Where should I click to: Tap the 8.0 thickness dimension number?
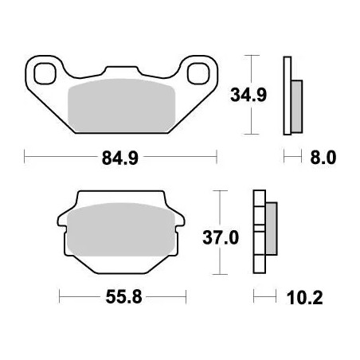pyautogui.click(x=323, y=158)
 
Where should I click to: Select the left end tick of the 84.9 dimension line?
pyautogui.click(x=25, y=158)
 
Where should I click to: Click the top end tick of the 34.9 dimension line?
pyautogui.click(x=252, y=57)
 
